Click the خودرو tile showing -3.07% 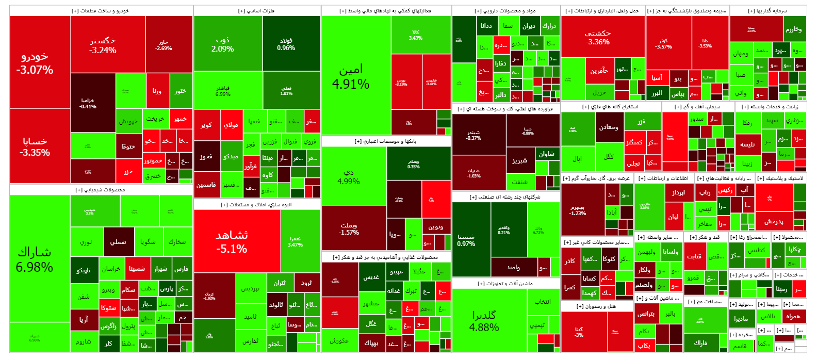pos(35,63)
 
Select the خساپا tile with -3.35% pos(35,146)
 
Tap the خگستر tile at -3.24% pos(103,45)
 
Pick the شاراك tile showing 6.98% pos(35,259)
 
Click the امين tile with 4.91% pos(351,76)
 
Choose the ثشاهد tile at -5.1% pos(232,241)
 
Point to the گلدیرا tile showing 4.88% pos(484,321)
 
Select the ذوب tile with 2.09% pos(222,44)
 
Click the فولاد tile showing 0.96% pos(286,44)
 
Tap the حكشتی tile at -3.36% pos(598,37)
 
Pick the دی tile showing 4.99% pos(349,176)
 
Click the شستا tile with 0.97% pos(466,240)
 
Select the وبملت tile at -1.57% pos(349,229)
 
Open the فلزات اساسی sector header pos(256,11)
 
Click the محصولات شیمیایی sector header pos(101,190)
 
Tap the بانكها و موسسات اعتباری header pos(385,141)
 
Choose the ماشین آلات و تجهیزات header pos(505,284)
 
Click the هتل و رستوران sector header pos(596,306)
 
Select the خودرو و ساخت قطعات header pos(101,11)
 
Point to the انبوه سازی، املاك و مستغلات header pos(256,205)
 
